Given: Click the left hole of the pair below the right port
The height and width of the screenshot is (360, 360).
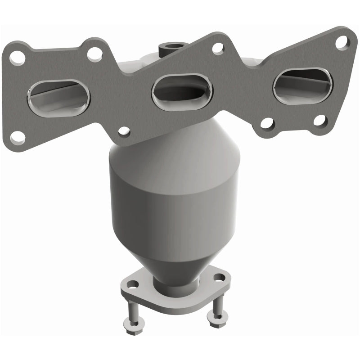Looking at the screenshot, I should (266, 122).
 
